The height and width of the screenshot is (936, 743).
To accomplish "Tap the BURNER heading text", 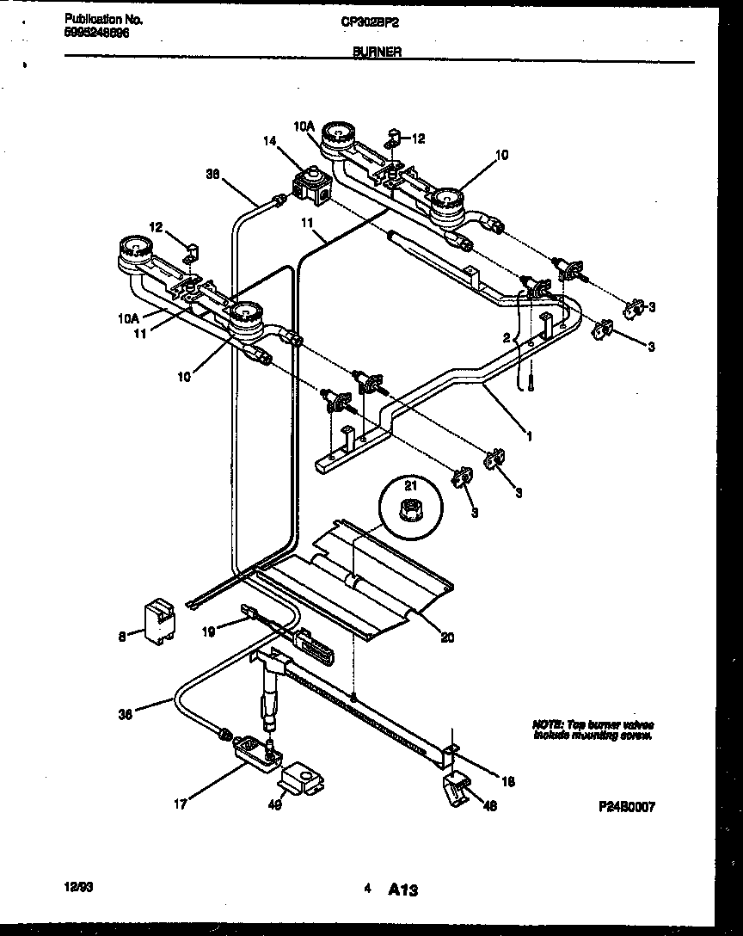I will tap(376, 52).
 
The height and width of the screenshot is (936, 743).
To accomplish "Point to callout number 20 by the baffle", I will tap(447, 637).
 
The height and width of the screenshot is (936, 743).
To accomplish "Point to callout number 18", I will tap(507, 782).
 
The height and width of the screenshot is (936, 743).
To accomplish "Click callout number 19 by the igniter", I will tap(207, 631).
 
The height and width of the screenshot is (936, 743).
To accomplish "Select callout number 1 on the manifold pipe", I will tap(529, 436).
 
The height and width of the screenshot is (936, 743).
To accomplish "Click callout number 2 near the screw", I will tap(507, 337).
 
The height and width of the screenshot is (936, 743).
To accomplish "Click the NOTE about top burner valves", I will tap(593, 730).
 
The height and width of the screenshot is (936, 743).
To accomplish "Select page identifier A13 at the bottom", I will tap(402, 890).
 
